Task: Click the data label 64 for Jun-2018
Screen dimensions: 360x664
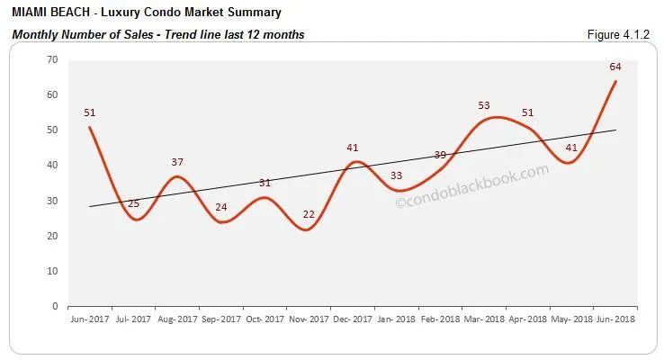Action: [x=615, y=67]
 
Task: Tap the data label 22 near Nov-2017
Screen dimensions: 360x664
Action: [x=310, y=213]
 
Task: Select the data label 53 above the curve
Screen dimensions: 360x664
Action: [x=484, y=105]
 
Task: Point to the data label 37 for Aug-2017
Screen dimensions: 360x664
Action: [x=177, y=162]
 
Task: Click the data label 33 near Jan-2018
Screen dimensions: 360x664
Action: [x=397, y=175]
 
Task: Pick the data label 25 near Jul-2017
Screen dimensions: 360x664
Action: [x=133, y=203]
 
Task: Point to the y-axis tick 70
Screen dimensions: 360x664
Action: [x=52, y=59]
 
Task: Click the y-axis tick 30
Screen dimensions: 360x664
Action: [x=52, y=201]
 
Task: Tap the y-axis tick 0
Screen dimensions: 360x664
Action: [x=55, y=306]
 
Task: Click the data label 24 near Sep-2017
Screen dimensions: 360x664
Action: [x=221, y=207]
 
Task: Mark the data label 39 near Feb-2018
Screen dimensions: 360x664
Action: [x=441, y=155]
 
